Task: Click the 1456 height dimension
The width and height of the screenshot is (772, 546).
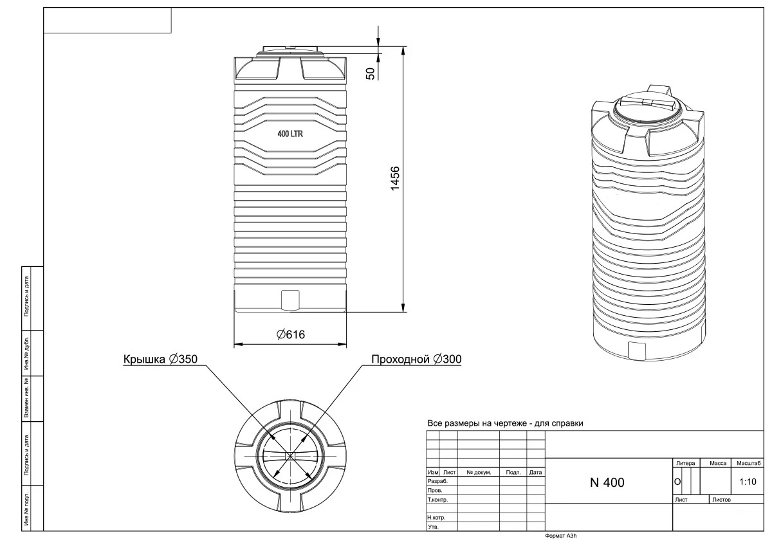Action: (395, 178)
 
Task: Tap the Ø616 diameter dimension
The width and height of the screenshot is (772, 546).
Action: (290, 334)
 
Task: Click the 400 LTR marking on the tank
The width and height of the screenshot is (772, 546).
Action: (290, 134)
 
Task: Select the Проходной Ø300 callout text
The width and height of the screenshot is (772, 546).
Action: (416, 359)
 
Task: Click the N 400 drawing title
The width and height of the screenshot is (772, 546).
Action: (607, 482)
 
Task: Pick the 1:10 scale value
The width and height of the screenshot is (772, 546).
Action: (747, 481)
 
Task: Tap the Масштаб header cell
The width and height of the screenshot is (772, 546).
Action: (748, 463)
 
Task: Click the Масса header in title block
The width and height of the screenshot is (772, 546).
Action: (717, 463)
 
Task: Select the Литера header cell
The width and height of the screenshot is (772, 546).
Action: (685, 463)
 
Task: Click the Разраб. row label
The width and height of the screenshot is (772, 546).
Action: (437, 481)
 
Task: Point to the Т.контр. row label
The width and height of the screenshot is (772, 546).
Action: (437, 500)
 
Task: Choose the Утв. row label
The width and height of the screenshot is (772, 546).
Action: (433, 527)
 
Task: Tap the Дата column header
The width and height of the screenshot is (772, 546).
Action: (535, 472)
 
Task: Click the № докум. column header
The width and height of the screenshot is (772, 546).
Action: (479, 472)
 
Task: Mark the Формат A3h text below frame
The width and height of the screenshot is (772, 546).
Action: (561, 535)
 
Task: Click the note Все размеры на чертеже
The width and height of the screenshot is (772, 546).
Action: (505, 424)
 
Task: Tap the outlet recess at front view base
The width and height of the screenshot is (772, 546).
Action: (291, 299)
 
